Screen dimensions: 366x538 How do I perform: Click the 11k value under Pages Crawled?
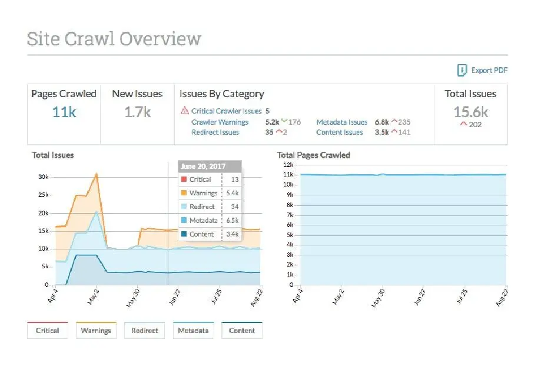[64, 112]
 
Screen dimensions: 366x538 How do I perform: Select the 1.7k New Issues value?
[137, 112]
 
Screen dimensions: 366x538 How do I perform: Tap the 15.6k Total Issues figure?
[470, 111]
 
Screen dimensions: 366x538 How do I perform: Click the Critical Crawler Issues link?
[227, 111]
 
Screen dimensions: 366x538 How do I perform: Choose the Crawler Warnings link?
[220, 122]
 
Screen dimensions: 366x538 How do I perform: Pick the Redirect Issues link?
[215, 132]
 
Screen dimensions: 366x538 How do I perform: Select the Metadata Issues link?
[342, 122]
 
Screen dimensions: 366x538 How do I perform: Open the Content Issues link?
[340, 132]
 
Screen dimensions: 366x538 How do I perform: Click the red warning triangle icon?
[185, 110]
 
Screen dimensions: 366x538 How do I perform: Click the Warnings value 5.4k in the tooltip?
[232, 193]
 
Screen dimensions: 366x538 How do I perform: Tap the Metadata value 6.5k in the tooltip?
[232, 220]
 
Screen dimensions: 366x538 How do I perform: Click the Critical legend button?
[47, 330]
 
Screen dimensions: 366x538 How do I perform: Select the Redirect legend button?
[145, 330]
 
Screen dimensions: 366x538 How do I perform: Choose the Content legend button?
[242, 330]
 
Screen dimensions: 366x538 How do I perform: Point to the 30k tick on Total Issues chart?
[43, 177]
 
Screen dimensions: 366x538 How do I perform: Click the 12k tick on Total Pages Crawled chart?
[288, 164]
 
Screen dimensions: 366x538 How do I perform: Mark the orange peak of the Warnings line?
[97, 174]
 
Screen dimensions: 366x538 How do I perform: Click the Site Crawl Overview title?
[114, 39]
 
